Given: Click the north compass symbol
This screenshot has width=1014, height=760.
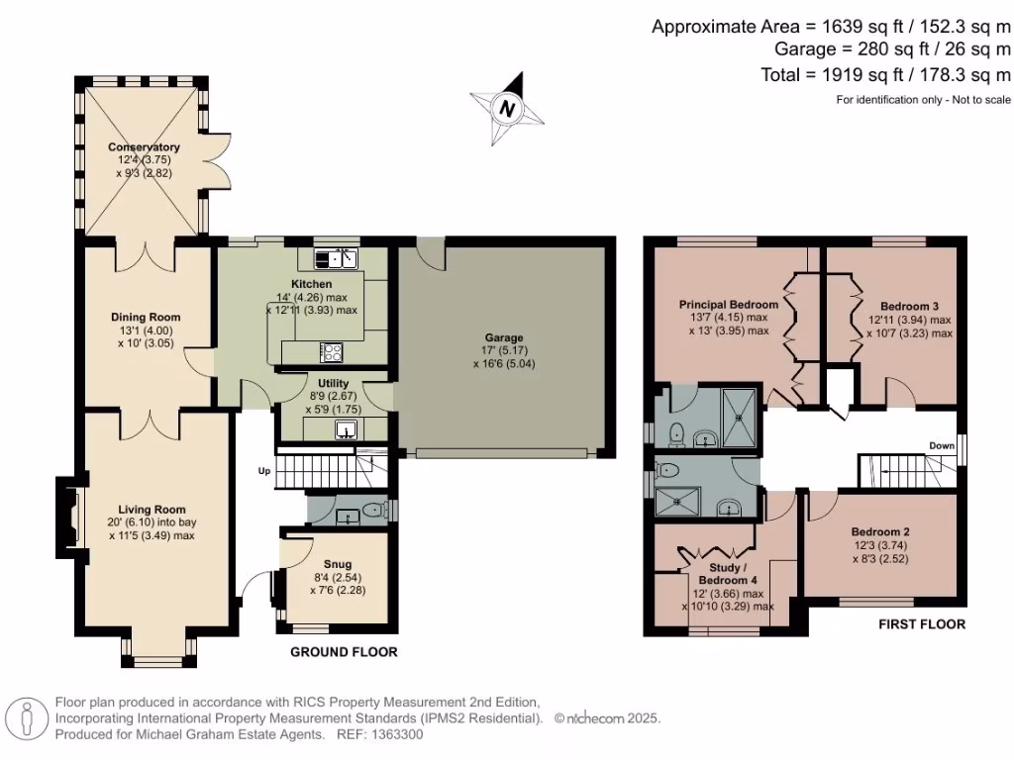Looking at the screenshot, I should tap(507, 108).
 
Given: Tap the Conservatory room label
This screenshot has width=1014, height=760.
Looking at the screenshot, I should tap(144, 147).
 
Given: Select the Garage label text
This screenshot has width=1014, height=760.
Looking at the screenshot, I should tap(504, 336).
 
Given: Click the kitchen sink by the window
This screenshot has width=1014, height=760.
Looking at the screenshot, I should tap(337, 259).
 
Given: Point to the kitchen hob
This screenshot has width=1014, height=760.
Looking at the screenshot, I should tap(330, 350).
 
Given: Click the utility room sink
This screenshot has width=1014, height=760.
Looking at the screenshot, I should tap(346, 429).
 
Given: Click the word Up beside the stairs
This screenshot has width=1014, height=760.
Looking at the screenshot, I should tap(264, 471).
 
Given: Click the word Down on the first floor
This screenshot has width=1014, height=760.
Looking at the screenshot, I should tap(942, 446).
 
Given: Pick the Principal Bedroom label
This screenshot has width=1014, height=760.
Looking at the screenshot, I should tap(728, 305).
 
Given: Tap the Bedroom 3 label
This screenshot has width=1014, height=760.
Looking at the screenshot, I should tap(894, 307).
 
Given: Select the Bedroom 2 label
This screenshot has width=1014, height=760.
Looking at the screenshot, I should tap(879, 531).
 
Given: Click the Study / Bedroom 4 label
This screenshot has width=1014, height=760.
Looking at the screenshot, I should tap(728, 572).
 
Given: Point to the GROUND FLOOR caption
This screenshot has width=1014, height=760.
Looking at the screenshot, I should tap(344, 652).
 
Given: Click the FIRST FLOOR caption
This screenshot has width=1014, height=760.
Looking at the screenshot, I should tap(921, 624).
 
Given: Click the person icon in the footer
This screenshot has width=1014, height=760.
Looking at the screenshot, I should tap(28, 717).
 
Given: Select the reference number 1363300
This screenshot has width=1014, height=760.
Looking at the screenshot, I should tap(395, 734).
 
